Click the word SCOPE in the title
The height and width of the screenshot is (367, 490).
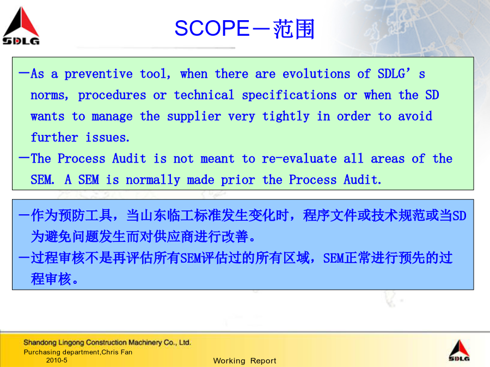[x=212, y=28]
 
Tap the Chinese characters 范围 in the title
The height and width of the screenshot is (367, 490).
[x=294, y=29]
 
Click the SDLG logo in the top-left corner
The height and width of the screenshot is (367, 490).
[x=21, y=26]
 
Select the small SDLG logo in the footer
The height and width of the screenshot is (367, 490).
[x=459, y=350]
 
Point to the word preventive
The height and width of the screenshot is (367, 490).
[x=99, y=74]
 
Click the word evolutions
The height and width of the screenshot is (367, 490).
[x=316, y=74]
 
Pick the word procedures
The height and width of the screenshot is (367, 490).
[x=112, y=95]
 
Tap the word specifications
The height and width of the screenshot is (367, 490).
[x=289, y=95]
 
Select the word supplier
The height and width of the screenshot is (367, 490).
[x=194, y=116]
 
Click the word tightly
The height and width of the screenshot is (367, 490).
[x=286, y=116]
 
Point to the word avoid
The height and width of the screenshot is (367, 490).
[x=415, y=116]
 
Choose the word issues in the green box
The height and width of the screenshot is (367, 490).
[x=107, y=138]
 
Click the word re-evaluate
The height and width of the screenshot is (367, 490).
[x=299, y=159]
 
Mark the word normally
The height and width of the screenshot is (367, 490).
[x=153, y=180]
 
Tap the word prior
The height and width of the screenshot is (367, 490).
[x=238, y=180]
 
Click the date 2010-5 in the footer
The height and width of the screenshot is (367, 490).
[x=57, y=360]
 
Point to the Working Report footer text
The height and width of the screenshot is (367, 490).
[x=244, y=361]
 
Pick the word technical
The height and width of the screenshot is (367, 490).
[x=204, y=95]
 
